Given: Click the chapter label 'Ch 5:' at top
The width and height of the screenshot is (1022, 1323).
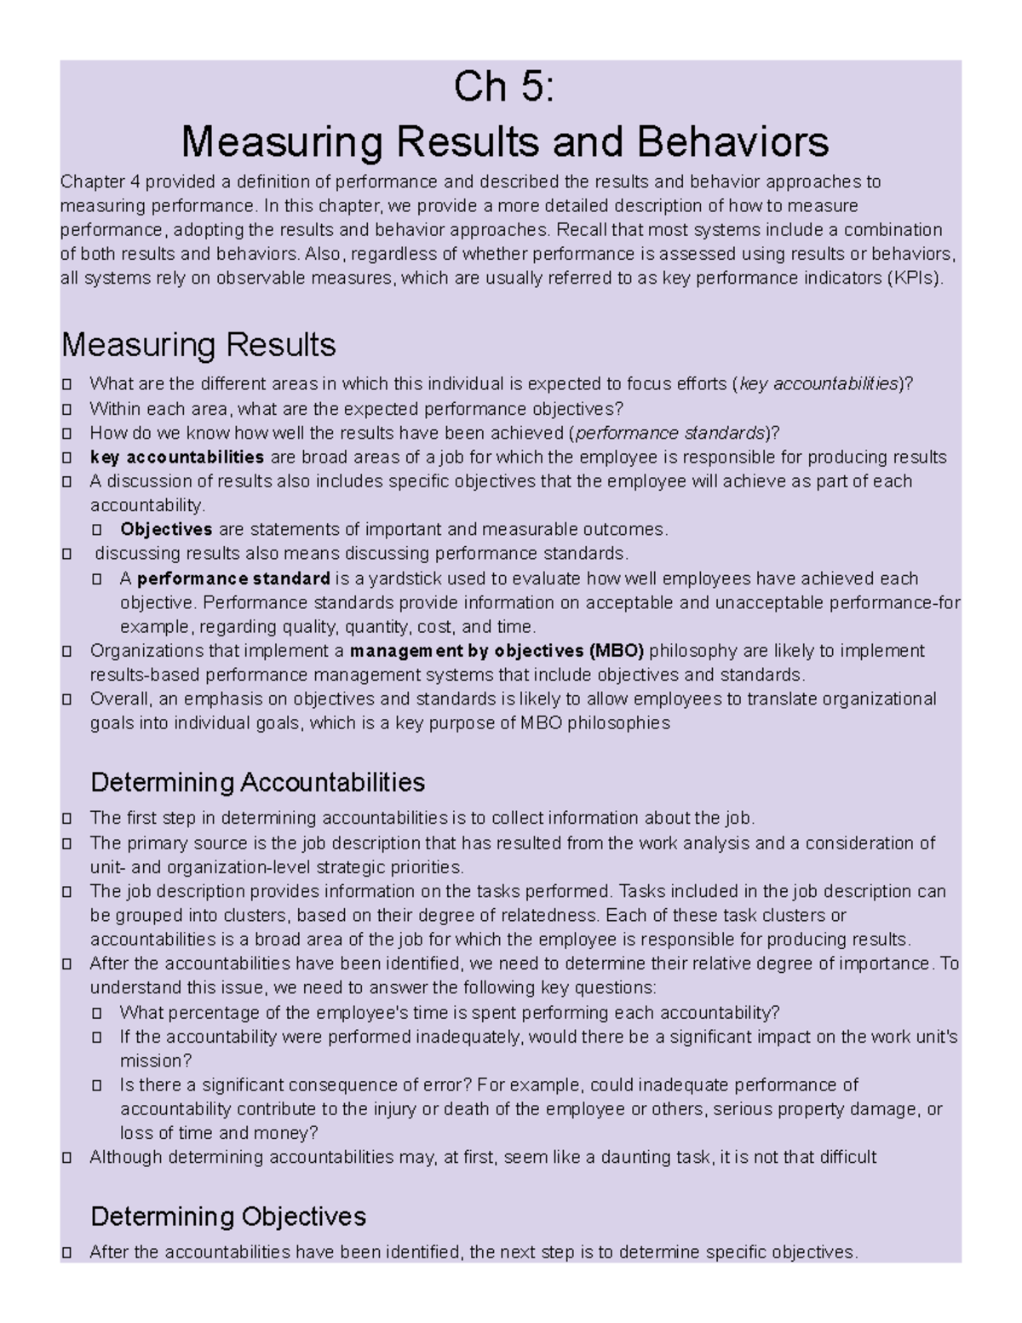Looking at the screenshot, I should (504, 88).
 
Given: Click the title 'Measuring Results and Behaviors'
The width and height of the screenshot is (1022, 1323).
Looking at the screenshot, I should (505, 141).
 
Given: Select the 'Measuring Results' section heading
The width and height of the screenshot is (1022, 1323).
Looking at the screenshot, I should (198, 345).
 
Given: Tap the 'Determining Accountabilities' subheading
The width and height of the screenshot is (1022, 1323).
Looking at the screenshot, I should (257, 781).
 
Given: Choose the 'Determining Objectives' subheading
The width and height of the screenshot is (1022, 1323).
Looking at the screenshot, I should (228, 1216).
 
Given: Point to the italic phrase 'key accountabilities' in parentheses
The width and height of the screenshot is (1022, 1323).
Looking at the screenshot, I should (819, 383).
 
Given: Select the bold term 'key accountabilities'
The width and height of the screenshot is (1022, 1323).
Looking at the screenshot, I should (176, 457).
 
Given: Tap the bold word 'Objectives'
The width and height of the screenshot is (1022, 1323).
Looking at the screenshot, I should (166, 530).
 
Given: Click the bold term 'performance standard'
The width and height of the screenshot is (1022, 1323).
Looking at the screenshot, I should (233, 579).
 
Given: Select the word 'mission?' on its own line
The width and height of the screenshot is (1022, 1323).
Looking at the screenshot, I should (156, 1061).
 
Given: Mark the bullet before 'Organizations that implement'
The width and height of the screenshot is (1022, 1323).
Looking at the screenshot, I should (67, 652).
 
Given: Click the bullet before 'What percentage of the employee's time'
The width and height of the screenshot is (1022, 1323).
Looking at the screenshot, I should (98, 1013).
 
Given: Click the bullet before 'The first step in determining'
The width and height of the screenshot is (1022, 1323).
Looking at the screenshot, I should (67, 819).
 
